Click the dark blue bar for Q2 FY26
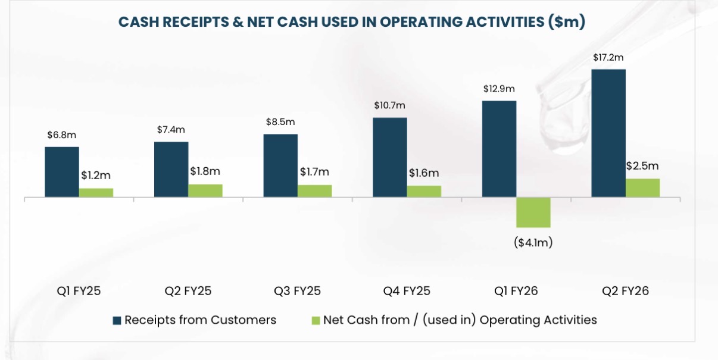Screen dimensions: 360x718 [608, 133]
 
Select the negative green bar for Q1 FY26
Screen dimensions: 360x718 [533, 212]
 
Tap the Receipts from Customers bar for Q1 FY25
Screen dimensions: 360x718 [61, 171]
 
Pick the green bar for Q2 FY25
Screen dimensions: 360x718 [205, 190]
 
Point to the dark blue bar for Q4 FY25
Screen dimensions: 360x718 [390, 157]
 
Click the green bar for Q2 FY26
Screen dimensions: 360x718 [643, 187]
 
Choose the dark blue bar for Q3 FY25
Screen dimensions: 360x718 [280, 165]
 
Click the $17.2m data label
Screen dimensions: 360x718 [608, 58]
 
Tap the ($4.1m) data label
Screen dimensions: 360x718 [533, 243]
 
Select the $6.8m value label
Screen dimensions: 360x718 [62, 135]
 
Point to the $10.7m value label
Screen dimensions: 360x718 [390, 106]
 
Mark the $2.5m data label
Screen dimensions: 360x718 [642, 167]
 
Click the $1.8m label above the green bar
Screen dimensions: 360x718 [205, 171]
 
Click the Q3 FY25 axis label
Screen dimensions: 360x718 [297, 291]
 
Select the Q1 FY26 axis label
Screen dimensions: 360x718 [516, 291]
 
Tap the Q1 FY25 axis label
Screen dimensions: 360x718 [79, 291]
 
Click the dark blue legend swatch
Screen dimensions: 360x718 [117, 321]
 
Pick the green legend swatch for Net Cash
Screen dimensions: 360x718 [316, 321]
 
